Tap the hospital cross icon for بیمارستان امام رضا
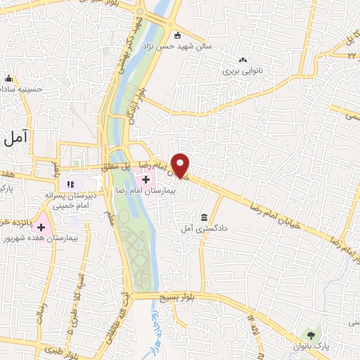[x=146, y=180]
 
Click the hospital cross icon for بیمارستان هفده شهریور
[x=41, y=227]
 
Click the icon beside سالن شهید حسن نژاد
[x=177, y=35]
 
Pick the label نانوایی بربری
[x=242, y=72]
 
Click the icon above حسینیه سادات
[x=9, y=78]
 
